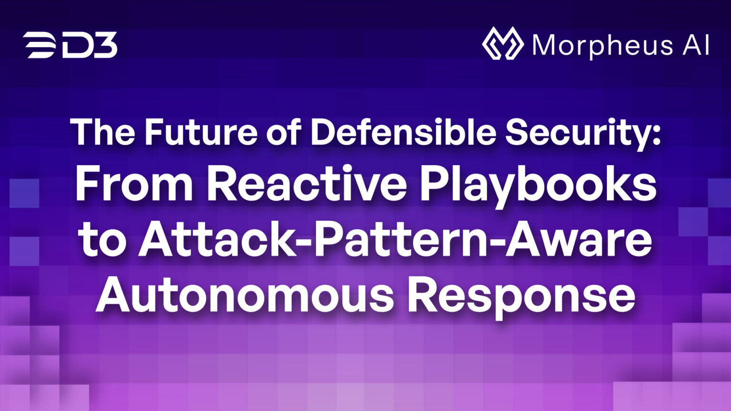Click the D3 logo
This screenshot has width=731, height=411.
click(70, 46)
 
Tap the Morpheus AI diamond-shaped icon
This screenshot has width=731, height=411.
click(503, 44)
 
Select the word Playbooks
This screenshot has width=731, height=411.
click(538, 186)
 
